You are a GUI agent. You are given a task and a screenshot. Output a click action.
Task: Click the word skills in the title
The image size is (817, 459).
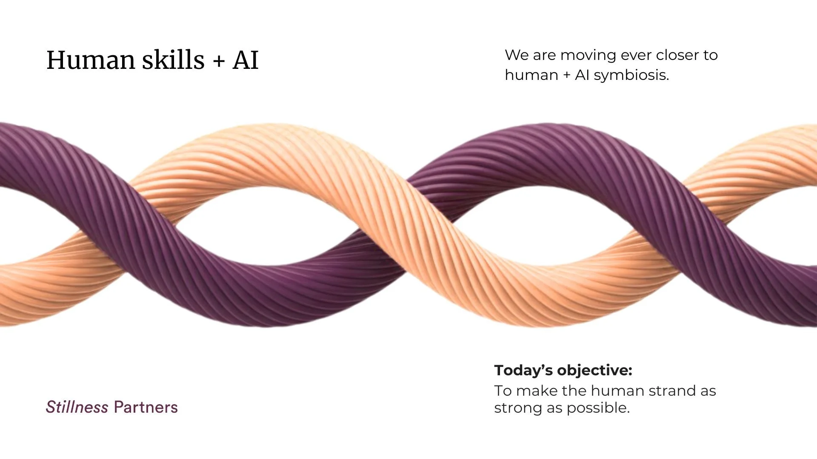(173, 60)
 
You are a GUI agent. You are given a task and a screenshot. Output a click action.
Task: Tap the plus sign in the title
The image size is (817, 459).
(219, 61)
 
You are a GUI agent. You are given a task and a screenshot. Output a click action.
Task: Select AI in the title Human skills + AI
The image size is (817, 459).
(246, 60)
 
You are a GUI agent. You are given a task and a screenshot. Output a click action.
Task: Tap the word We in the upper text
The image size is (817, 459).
(516, 55)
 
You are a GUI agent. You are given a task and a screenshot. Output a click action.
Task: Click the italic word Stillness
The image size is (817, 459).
(77, 407)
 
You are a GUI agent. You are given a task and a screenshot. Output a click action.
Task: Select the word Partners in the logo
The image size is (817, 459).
(146, 407)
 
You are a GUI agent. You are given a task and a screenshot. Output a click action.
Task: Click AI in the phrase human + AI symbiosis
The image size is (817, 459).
(582, 75)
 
